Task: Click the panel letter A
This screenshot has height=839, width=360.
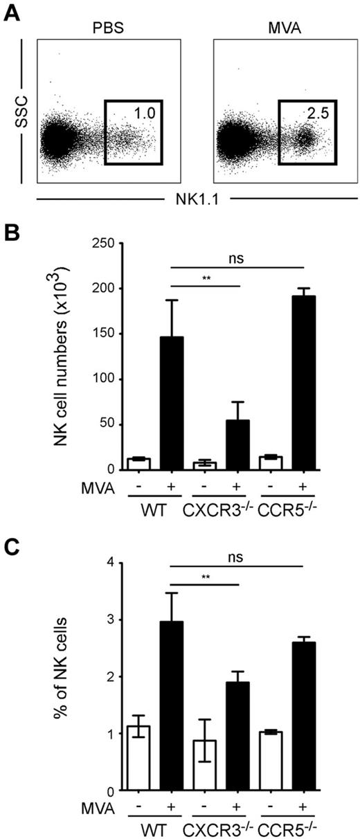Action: pyautogui.click(x=12, y=12)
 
